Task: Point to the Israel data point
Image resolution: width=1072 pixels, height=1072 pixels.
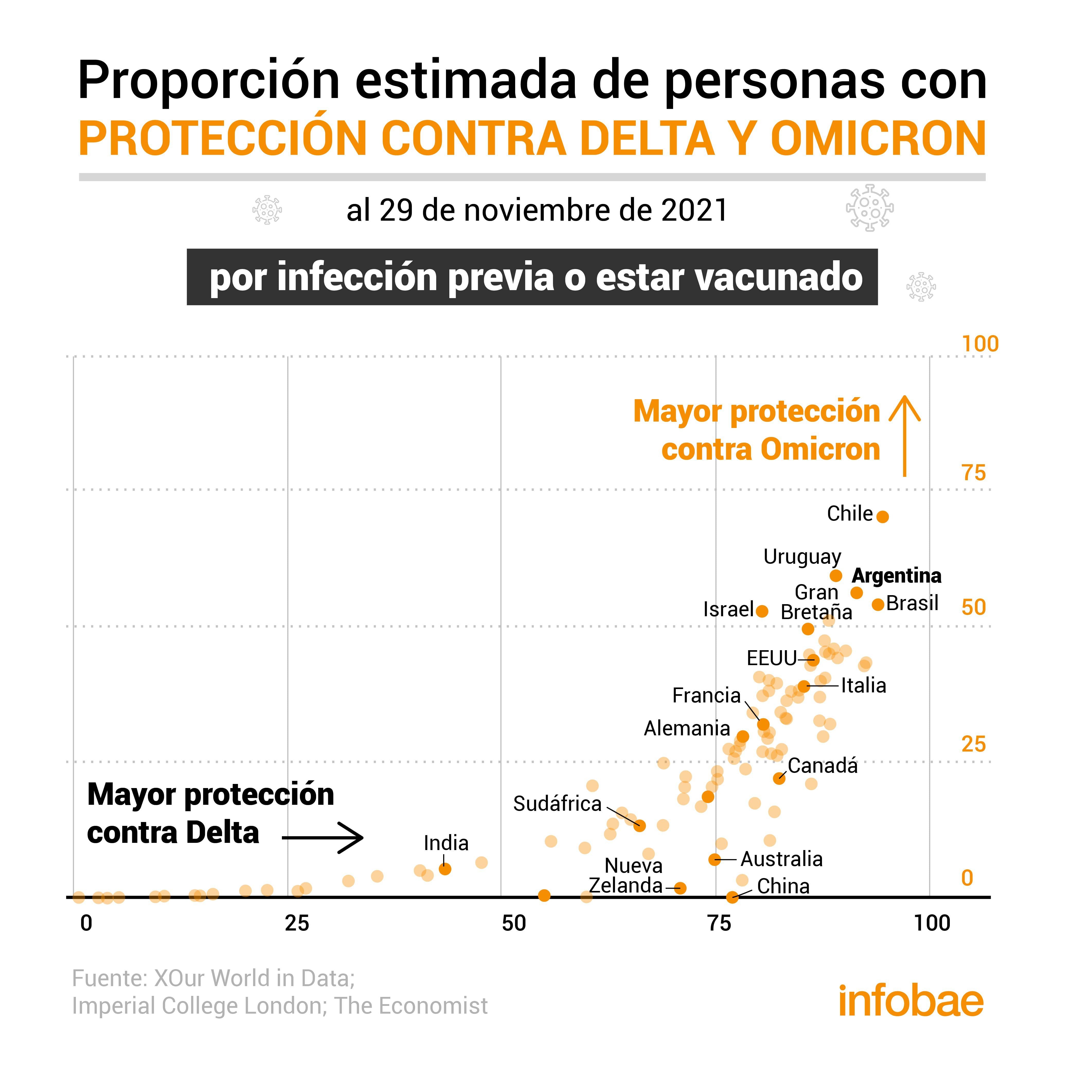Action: click(762, 611)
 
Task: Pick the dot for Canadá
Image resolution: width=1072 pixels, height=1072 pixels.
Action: click(779, 779)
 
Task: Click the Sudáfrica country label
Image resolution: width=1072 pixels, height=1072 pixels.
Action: click(557, 803)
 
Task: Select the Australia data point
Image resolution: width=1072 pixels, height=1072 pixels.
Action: click(715, 860)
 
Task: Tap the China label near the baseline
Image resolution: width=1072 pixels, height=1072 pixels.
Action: click(783, 886)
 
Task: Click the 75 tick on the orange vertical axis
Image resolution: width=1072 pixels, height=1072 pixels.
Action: click(974, 473)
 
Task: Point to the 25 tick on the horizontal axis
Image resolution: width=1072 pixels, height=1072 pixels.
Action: click(297, 923)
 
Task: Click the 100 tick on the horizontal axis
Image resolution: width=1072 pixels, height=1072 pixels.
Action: click(932, 923)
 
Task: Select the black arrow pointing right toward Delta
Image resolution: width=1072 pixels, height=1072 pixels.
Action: click(323, 838)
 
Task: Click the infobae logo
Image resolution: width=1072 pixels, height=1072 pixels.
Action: click(910, 1002)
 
